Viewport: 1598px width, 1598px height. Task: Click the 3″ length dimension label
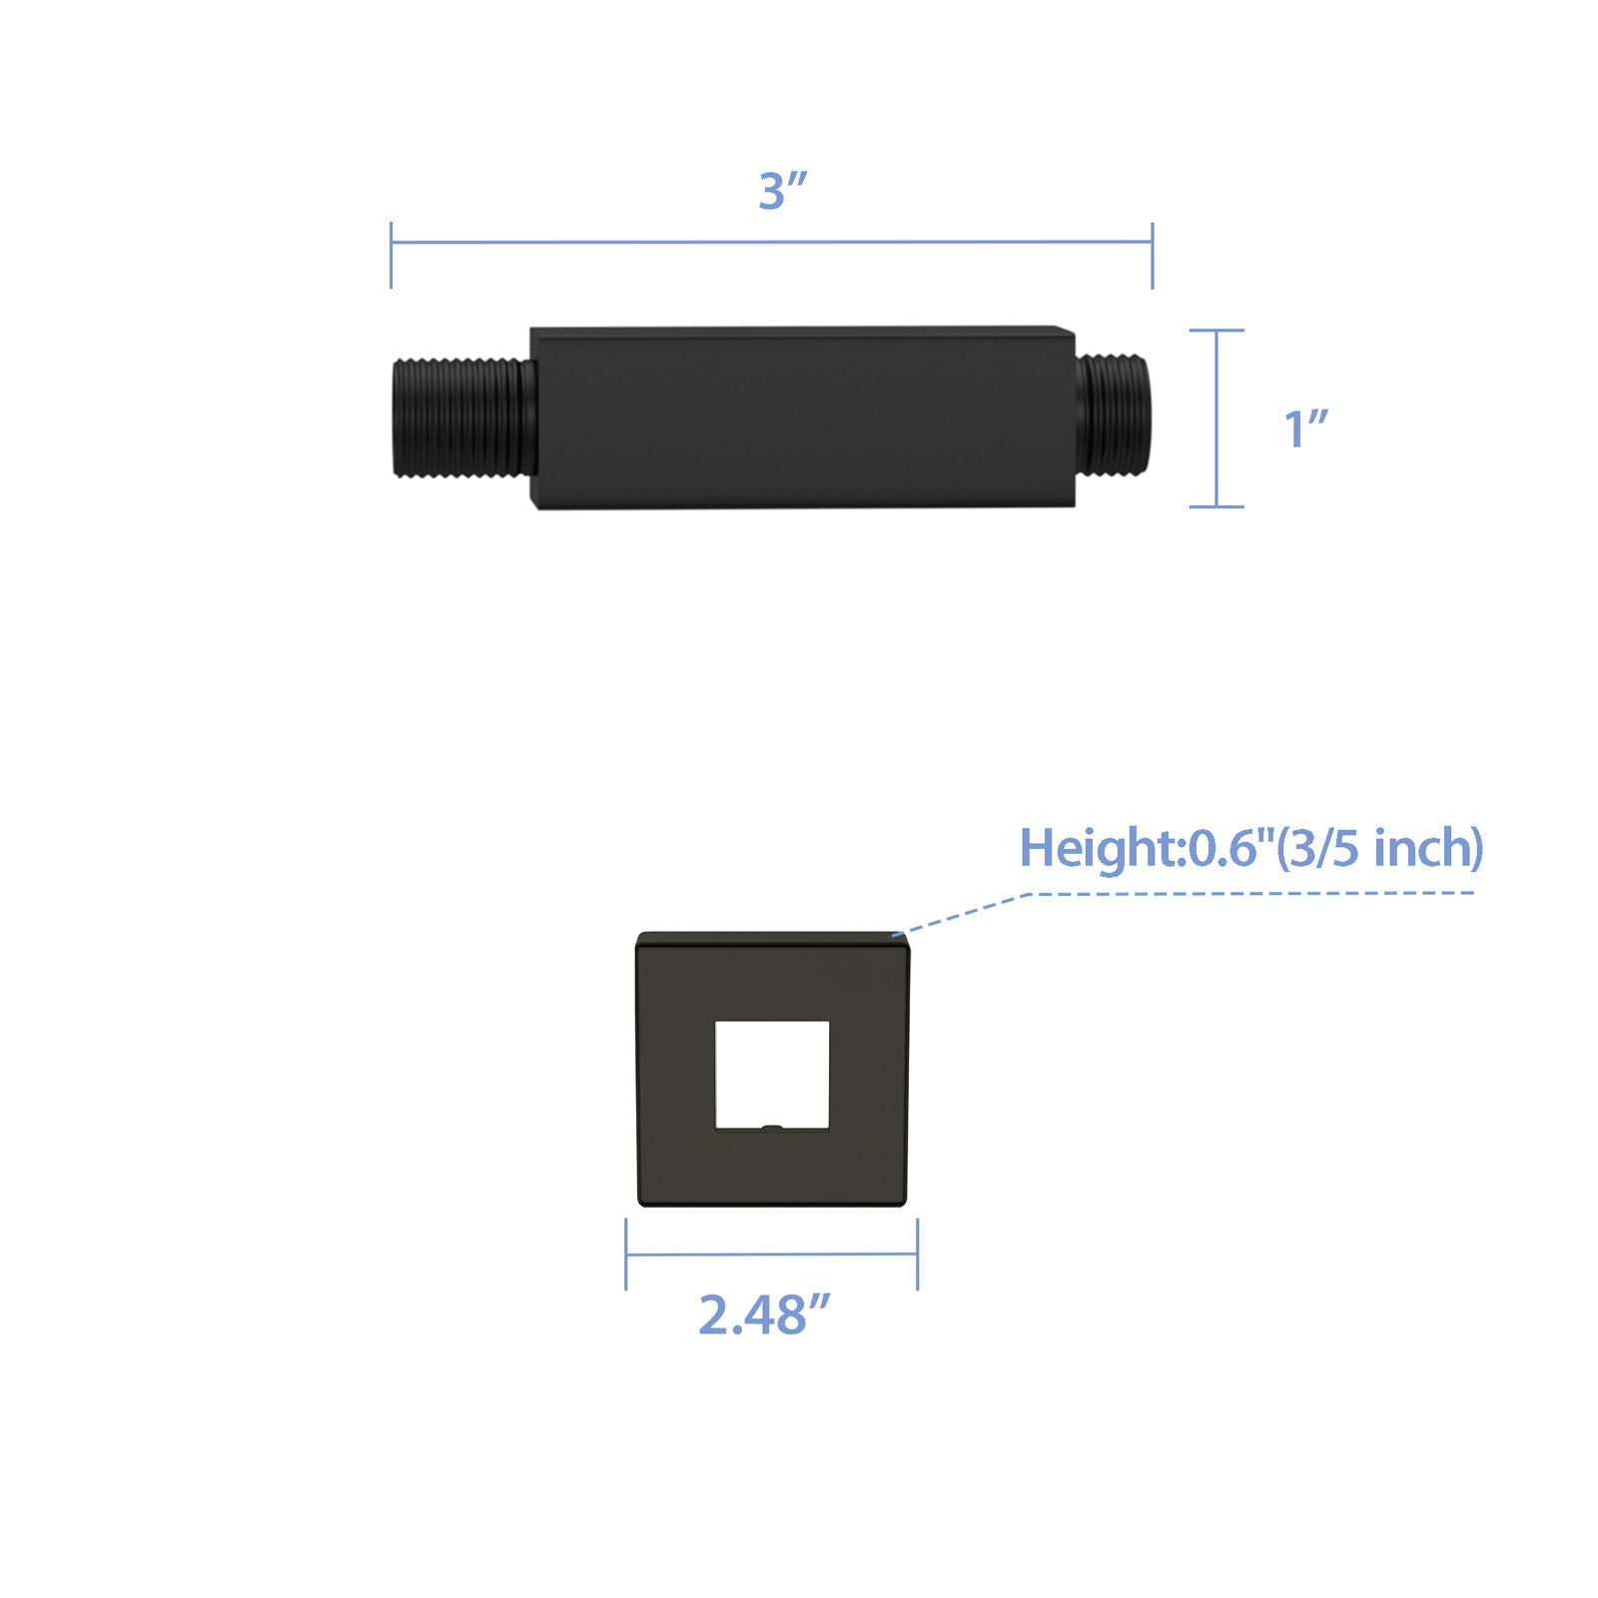(x=781, y=191)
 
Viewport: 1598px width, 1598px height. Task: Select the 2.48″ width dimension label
(x=764, y=1314)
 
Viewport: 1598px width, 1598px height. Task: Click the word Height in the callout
(x=1099, y=849)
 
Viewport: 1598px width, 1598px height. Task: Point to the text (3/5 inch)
(x=1381, y=848)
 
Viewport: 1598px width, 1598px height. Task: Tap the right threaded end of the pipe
(x=1116, y=410)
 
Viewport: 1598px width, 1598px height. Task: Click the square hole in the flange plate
(x=772, y=1074)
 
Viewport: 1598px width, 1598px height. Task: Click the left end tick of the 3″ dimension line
(x=392, y=255)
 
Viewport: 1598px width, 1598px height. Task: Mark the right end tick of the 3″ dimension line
(x=1153, y=256)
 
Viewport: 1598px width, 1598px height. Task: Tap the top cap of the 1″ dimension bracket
(x=1216, y=331)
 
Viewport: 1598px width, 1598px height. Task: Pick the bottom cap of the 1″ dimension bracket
(x=1216, y=506)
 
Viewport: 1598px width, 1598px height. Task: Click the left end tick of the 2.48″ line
(x=626, y=1254)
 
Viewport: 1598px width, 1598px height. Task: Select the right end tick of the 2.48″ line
(x=917, y=1254)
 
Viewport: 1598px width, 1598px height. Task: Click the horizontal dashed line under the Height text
(x=1248, y=893)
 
